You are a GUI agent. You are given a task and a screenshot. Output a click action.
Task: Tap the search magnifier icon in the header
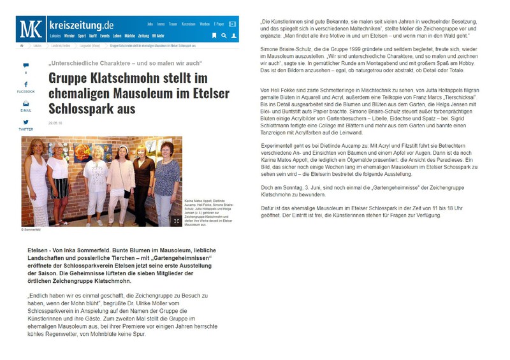[224, 36]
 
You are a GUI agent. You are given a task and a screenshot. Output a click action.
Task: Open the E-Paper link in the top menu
[219, 24]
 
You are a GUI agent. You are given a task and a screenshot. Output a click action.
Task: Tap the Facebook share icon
[25, 85]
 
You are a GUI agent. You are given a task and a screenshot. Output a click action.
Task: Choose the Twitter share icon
[25, 122]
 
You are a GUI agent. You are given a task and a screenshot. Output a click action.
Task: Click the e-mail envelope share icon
[25, 103]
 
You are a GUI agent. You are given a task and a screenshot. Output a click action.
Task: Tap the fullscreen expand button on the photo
[176, 220]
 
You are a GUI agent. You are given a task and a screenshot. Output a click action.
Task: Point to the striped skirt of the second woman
[60, 204]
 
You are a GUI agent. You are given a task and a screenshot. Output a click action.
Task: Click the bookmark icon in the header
[214, 36]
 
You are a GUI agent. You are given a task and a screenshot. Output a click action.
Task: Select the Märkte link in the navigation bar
[129, 36]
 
